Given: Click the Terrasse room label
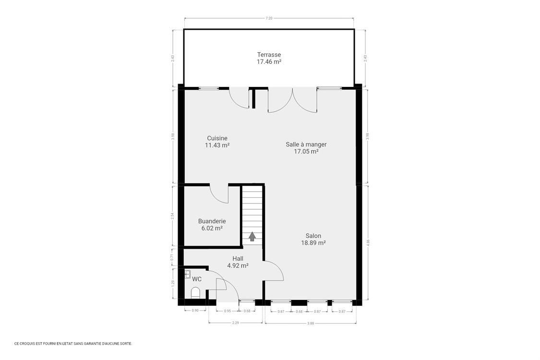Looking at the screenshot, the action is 269,54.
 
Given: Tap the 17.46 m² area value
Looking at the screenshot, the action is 269,61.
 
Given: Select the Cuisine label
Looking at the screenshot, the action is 217,138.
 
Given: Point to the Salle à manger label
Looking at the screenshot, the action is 306,144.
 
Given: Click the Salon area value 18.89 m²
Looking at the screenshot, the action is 313,242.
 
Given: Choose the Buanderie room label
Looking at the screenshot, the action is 212,221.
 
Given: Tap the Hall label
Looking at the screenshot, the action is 238,258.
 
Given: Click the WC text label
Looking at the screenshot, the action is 197,279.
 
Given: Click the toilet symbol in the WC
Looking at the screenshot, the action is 195,292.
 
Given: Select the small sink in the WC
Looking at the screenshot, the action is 188,274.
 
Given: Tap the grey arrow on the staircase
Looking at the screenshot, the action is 252,236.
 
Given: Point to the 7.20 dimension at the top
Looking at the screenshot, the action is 269,18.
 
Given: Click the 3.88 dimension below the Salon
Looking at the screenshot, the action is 311,323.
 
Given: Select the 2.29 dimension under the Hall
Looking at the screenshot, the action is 236,323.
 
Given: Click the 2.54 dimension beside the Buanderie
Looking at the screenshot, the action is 172,216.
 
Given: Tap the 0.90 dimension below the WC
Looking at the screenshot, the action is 195,311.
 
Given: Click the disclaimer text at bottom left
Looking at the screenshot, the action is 73,344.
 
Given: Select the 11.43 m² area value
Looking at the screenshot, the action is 217,145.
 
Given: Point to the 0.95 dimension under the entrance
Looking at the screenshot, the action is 228,311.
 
